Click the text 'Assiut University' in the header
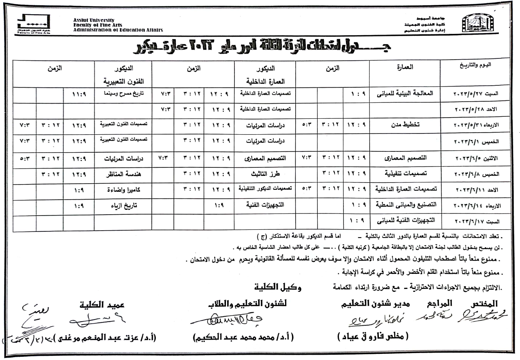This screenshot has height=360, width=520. coord(94,20)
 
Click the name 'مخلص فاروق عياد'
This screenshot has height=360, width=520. coord(373,337)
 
